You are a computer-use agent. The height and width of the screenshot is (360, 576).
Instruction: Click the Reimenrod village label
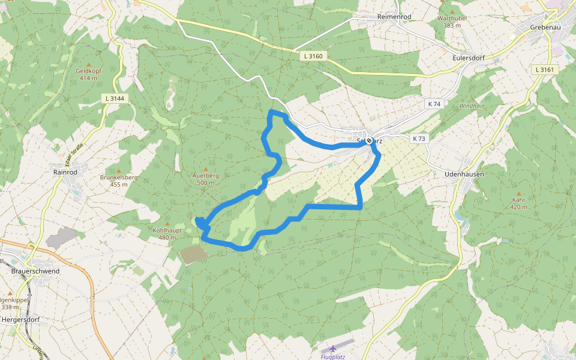(x=393, y=17)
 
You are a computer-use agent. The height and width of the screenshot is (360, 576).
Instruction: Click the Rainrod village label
(x=65, y=172)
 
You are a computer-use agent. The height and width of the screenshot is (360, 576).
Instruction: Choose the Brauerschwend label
(x=35, y=271)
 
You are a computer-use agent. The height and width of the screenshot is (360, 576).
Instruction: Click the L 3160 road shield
(x=313, y=56)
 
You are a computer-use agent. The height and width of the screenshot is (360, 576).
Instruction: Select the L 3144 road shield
(x=115, y=98)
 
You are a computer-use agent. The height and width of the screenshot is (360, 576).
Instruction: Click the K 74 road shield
(x=434, y=104)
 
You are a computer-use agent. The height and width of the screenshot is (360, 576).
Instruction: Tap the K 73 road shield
(x=419, y=139)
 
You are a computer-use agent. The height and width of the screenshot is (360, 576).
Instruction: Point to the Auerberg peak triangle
(x=206, y=169)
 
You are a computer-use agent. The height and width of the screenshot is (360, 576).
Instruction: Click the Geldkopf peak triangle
(x=89, y=64)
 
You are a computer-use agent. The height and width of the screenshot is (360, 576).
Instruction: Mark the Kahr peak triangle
(x=519, y=193)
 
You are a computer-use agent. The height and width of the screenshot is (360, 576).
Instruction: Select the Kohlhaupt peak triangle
(x=167, y=223)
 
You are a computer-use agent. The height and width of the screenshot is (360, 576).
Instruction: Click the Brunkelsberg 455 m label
(x=119, y=181)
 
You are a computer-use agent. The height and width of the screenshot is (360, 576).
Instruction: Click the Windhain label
(x=472, y=106)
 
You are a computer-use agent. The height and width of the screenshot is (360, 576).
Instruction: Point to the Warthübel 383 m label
(x=452, y=22)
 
